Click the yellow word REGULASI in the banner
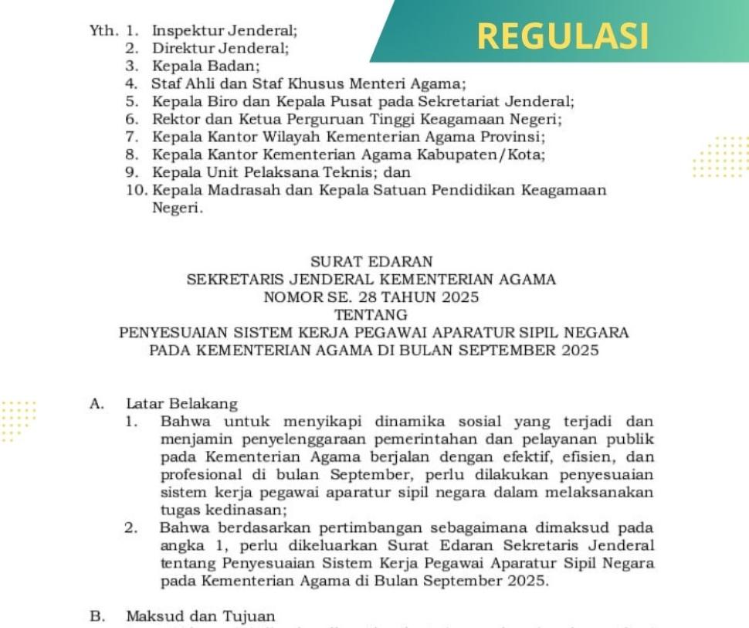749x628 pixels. tap(562, 35)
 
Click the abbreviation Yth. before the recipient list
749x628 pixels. tap(103, 32)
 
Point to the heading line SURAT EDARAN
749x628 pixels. tap(371, 262)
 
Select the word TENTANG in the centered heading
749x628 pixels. tap(371, 315)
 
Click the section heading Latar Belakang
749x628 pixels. tap(182, 403)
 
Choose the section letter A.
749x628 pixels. tap(97, 403)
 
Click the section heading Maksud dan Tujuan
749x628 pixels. tap(200, 616)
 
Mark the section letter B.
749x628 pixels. tap(97, 616)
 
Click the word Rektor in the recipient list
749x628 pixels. tap(175, 120)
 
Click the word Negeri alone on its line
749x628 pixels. tap(177, 207)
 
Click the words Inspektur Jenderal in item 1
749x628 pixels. tap(224, 32)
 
